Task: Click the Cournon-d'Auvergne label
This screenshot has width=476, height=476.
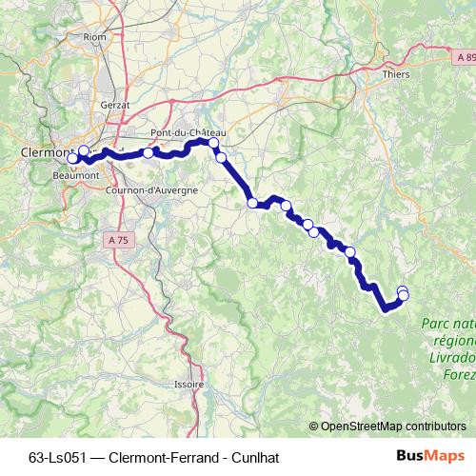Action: click(x=163, y=190)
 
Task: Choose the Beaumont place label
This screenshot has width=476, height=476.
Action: click(x=77, y=175)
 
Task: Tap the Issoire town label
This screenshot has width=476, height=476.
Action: click(x=188, y=384)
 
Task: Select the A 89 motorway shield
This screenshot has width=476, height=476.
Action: click(x=465, y=58)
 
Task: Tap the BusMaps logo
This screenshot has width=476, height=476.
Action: click(x=430, y=455)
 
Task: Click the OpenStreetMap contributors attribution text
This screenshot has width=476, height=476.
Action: click(x=393, y=426)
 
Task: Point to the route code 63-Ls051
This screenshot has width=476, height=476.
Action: click(x=58, y=456)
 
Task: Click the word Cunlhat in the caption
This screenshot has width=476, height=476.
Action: click(x=251, y=456)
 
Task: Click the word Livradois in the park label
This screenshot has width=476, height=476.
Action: click(x=456, y=357)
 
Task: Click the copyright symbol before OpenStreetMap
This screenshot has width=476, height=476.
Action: click(x=314, y=426)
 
